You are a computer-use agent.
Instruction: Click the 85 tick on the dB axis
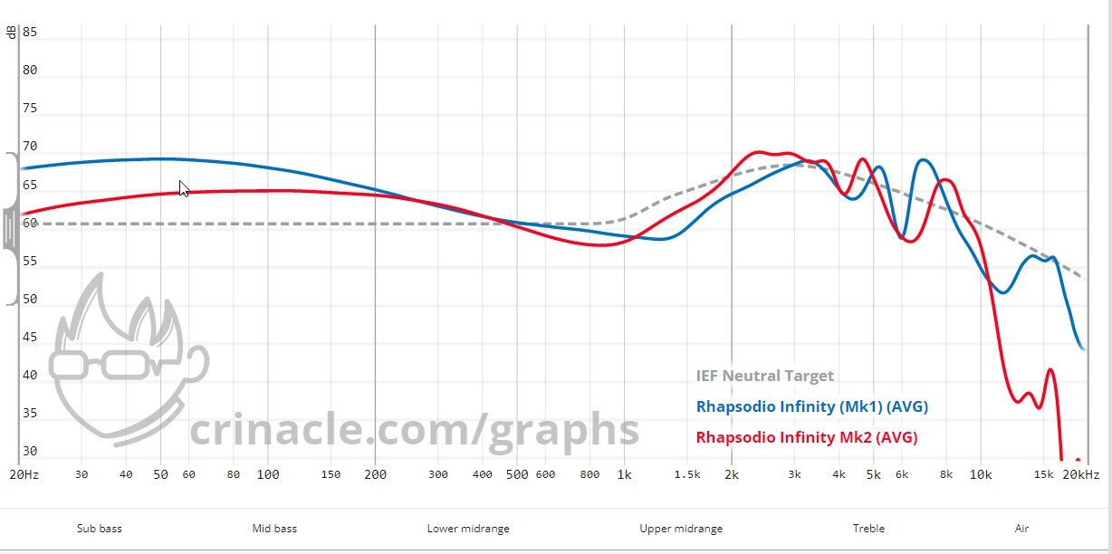click(x=30, y=33)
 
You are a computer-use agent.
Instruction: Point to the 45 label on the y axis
click(x=30, y=338)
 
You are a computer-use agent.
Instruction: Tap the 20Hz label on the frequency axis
click(x=24, y=474)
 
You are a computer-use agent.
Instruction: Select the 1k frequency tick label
click(x=624, y=474)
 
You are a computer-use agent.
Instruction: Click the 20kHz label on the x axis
click(x=1081, y=474)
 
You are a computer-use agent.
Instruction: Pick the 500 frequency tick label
click(x=516, y=474)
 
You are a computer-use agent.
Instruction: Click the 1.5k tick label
click(x=687, y=474)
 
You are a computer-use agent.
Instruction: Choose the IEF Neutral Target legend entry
click(x=764, y=376)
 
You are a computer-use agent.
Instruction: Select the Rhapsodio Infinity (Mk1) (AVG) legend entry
click(x=811, y=406)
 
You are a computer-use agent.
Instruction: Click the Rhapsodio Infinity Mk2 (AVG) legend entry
click(x=806, y=437)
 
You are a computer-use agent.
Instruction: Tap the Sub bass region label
click(x=99, y=529)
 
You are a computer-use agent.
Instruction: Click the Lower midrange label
click(x=468, y=529)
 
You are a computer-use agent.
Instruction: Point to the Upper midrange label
click(x=681, y=529)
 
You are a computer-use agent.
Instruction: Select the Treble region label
click(x=868, y=529)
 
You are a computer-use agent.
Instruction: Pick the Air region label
click(x=1021, y=529)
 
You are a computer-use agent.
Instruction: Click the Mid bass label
click(x=274, y=529)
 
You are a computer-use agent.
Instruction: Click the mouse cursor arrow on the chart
click(x=184, y=188)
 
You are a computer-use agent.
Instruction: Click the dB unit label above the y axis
click(x=11, y=33)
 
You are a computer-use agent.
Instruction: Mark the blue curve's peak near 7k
click(x=923, y=160)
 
